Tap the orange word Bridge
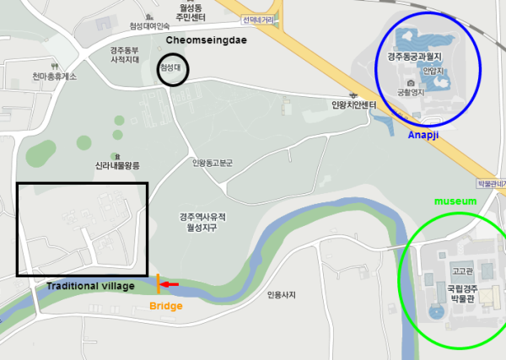point(165,305)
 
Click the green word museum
point(455,201)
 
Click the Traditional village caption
point(91,287)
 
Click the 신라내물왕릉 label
point(117,166)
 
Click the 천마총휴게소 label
point(55,77)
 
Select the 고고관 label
point(460,271)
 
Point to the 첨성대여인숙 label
point(149,26)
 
